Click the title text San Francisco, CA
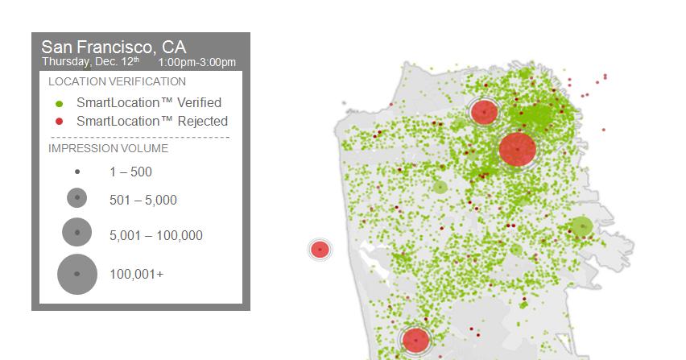click(x=114, y=47)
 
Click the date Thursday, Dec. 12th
click(x=90, y=61)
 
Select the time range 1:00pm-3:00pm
click(x=197, y=62)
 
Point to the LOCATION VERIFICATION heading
click(x=117, y=81)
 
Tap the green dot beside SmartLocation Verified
click(x=59, y=104)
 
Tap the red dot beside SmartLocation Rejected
click(x=59, y=121)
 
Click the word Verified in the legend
click(x=199, y=102)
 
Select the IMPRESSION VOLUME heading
click(x=108, y=148)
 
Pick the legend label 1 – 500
click(x=130, y=172)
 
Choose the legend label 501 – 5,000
click(x=143, y=200)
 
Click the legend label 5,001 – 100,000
click(x=155, y=235)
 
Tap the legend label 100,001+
click(x=137, y=275)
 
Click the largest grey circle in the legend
click(x=77, y=275)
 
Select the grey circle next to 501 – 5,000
click(x=77, y=197)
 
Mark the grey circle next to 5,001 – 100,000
click(x=77, y=232)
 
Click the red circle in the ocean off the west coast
click(x=320, y=250)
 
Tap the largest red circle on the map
click(x=518, y=150)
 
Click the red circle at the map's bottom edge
click(x=415, y=340)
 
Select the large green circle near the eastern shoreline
click(x=581, y=226)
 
